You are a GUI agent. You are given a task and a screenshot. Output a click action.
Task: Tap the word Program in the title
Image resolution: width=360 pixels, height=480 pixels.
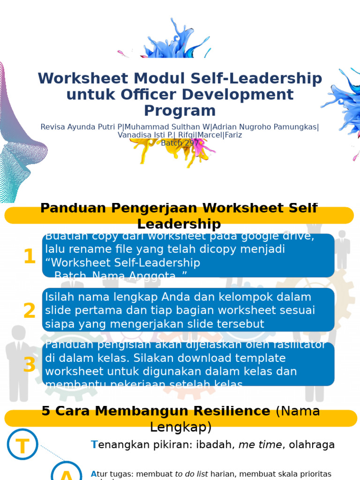(x=180, y=111)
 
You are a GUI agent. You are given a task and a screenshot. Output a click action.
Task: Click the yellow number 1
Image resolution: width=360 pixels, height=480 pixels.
(x=29, y=256)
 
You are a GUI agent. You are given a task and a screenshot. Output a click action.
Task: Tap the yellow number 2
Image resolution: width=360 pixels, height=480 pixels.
(x=29, y=311)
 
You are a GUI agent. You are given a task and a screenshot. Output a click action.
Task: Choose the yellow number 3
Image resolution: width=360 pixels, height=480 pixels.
(x=29, y=365)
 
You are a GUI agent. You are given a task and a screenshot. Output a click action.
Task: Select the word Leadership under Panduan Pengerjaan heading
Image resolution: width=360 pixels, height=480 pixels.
(x=179, y=224)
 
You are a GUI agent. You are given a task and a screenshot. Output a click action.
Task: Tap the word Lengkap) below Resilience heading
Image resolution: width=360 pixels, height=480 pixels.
(x=180, y=427)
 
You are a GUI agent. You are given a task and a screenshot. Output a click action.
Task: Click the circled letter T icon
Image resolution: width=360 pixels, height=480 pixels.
(x=22, y=444)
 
